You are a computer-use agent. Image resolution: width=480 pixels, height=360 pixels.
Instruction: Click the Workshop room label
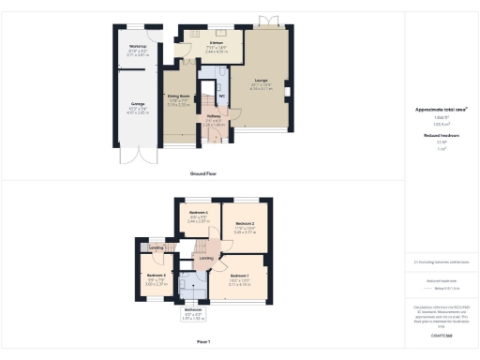coord(138,46)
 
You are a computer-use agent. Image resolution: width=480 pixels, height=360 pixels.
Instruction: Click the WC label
coord(221,96)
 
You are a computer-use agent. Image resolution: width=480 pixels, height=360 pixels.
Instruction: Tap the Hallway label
coord(213,117)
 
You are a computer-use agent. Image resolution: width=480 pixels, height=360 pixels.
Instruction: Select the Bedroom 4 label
coord(198,213)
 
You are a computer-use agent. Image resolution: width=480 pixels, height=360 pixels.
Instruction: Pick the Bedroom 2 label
coord(247,224)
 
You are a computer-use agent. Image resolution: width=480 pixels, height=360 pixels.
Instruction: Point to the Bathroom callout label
coord(193,309)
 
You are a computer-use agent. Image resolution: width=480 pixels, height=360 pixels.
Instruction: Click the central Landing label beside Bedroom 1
coord(205,259)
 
